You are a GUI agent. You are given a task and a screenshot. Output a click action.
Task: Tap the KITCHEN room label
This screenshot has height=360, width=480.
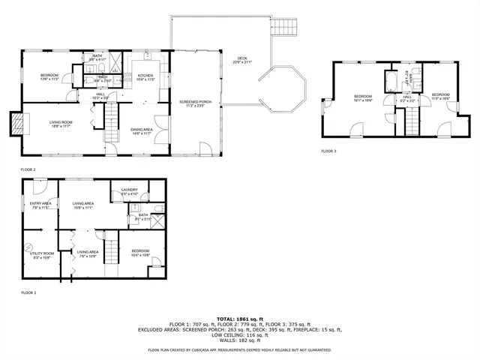(145, 76)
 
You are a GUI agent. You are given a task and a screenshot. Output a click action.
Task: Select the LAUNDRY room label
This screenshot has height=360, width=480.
(130, 190)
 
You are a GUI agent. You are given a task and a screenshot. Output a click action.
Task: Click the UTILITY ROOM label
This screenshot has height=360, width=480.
(40, 255)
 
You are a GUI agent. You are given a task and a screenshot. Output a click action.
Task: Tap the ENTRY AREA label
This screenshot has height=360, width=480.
(40, 204)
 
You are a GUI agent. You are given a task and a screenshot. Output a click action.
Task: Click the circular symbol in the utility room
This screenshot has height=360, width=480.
(29, 245)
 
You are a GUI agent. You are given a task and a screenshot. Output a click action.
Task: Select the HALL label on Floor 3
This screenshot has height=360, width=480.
(407, 97)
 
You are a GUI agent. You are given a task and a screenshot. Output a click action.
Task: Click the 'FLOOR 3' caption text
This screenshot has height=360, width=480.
(329, 151)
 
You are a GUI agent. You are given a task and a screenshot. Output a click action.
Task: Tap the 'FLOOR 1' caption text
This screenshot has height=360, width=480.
(28, 292)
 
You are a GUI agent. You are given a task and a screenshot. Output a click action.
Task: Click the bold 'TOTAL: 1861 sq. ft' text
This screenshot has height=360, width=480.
(240, 319)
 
